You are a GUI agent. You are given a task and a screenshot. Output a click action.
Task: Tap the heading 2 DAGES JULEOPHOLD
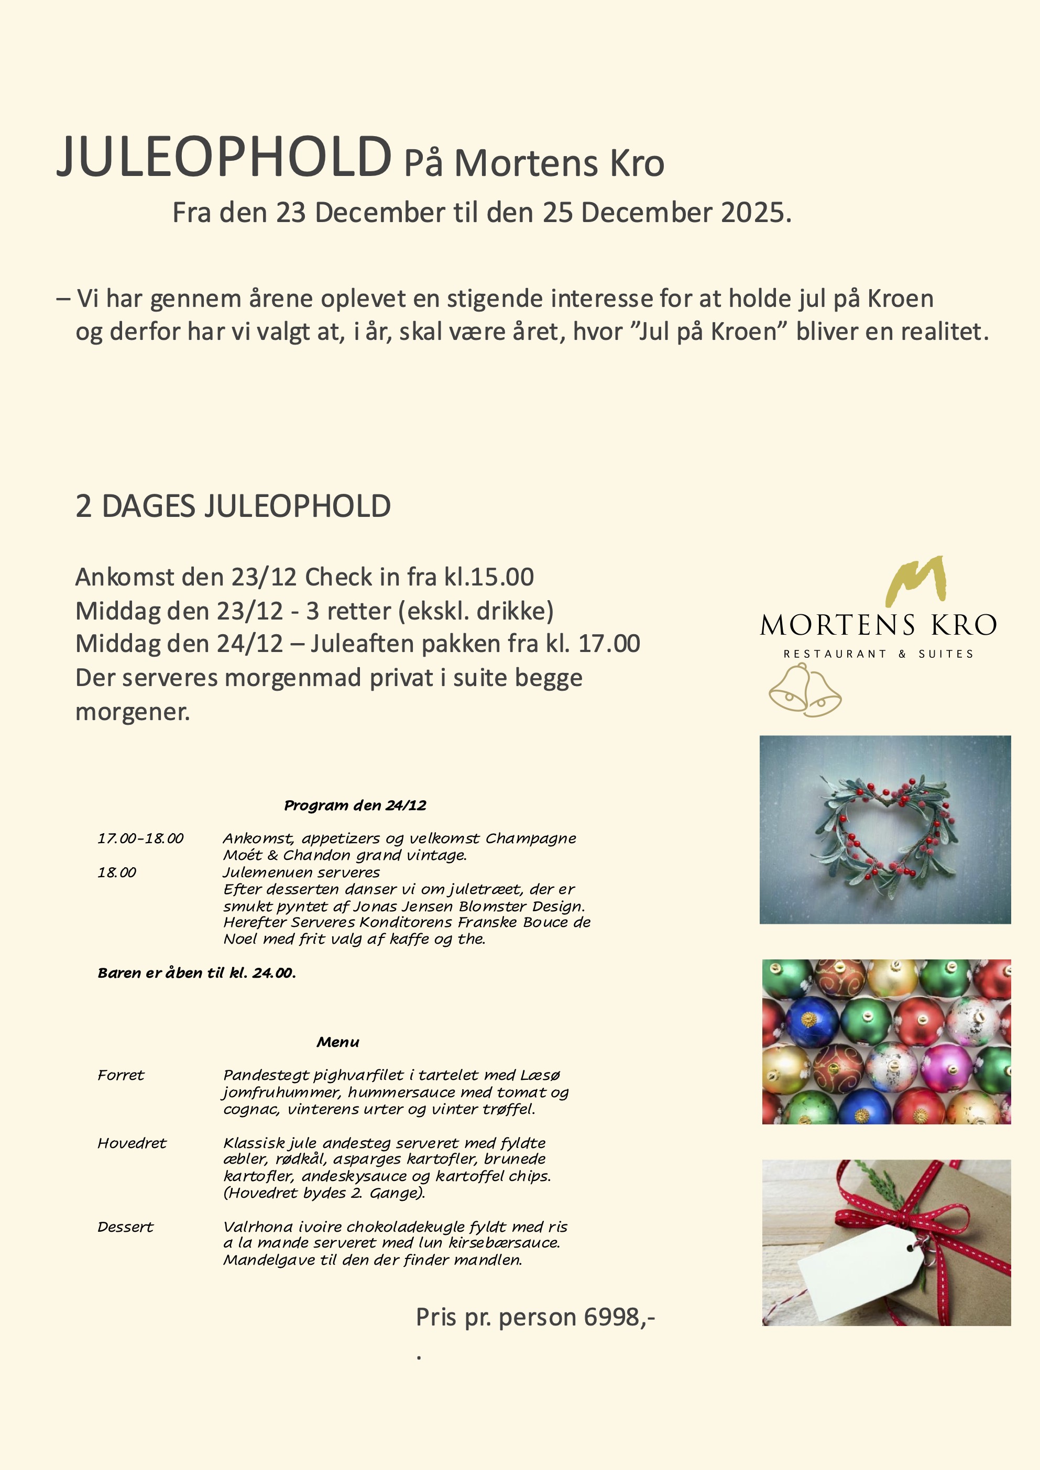point(233,506)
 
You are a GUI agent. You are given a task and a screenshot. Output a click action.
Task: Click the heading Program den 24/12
point(355,805)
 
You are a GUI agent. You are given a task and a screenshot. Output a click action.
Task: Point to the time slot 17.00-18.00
point(140,839)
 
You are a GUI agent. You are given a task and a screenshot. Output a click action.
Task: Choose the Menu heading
point(337,1042)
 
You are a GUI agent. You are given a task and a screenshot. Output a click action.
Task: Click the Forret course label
point(121,1076)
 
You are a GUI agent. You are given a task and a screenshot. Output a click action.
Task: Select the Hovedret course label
point(132,1143)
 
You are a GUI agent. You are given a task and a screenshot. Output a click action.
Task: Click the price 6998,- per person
point(619,1317)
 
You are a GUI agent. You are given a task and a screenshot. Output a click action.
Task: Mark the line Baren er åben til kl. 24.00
point(196,973)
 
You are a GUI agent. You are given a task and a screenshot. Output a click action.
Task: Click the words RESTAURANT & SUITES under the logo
point(878,654)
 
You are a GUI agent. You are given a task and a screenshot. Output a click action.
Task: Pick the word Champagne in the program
point(530,839)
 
